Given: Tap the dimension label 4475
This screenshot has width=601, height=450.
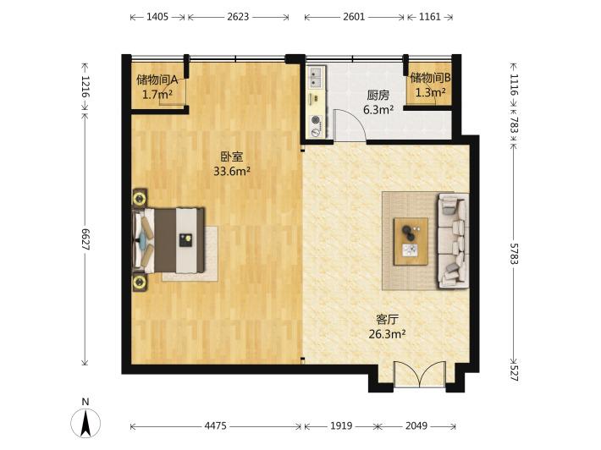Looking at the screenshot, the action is point(215,425).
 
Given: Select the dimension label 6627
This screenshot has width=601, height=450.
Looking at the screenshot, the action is point(85,239).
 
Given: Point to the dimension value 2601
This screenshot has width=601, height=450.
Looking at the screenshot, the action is point(354,17).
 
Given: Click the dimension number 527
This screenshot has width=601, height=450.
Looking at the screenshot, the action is point(514,373).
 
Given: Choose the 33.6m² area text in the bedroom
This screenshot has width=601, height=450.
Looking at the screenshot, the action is point(232,171).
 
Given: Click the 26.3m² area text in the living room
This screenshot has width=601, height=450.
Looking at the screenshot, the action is point(387,334).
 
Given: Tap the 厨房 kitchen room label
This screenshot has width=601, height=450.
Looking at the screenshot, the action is point(378,95).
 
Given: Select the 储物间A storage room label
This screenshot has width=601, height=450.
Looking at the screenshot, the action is point(157,80).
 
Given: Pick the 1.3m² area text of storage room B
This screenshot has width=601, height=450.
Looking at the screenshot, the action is point(431,92).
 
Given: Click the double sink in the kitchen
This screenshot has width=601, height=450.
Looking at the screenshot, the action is point(317,77).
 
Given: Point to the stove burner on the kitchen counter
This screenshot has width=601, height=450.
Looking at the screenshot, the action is point(316,120).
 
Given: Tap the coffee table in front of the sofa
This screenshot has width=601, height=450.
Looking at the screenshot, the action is point(411,241).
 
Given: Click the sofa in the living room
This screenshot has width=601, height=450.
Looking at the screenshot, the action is point(454,240).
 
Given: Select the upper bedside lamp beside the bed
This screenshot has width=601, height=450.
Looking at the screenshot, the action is point(140,199).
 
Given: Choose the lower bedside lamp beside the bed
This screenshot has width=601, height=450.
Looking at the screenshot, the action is point(140,283).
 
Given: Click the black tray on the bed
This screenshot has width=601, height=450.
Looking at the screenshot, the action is point(185,239).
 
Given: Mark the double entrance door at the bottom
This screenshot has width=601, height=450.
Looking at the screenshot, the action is point(420,374).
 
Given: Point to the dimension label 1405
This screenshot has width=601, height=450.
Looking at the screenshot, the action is point(157,17).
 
